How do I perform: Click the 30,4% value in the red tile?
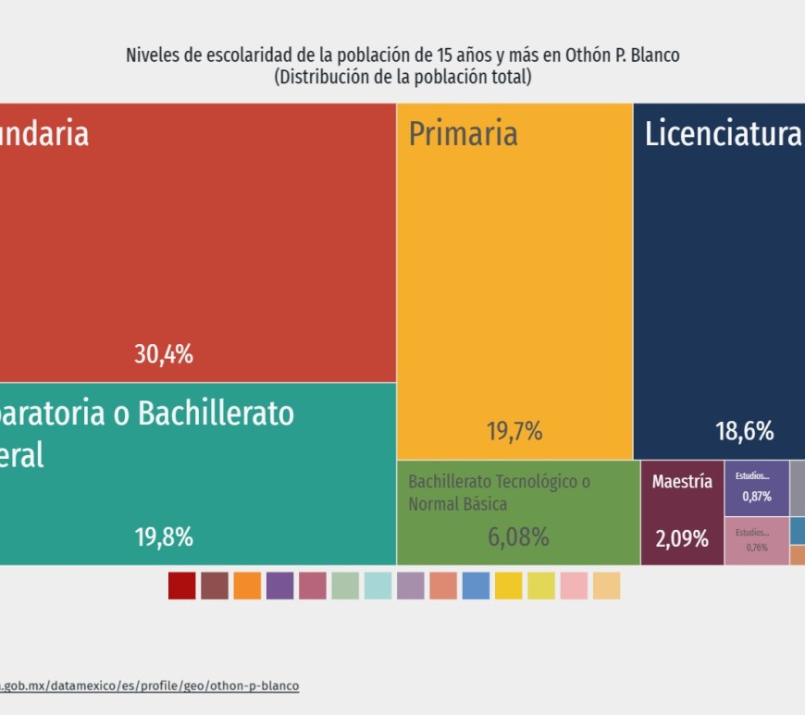[164, 353]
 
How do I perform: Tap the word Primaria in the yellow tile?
[463, 134]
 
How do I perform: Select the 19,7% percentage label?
[514, 431]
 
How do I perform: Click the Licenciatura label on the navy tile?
[722, 134]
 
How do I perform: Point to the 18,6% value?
[744, 431]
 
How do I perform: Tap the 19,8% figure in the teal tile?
[164, 536]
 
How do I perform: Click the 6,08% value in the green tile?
[518, 536]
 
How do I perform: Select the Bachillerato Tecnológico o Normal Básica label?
[499, 493]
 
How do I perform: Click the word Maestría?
[682, 482]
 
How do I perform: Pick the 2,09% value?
[682, 538]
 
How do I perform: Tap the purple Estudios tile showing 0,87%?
[756, 487]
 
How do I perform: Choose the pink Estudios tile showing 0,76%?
[756, 540]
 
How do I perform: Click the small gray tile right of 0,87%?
[798, 487]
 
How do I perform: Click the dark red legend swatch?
[181, 586]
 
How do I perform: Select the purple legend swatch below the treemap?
[279, 586]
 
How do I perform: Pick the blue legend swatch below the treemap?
[476, 586]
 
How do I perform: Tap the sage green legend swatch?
[345, 586]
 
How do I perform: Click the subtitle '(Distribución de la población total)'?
[402, 78]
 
